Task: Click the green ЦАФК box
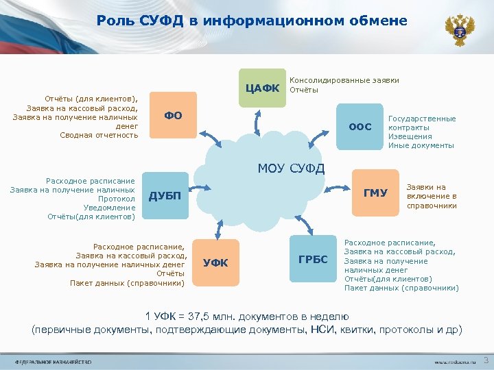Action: click(263, 88)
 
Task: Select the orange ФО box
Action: click(173, 115)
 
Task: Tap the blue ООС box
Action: click(360, 127)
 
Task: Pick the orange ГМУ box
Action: click(375, 193)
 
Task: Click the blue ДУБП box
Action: click(165, 196)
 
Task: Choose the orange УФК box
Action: click(216, 262)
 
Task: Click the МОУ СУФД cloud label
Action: click(291, 169)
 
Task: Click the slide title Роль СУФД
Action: click(252, 21)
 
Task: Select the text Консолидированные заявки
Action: click(345, 80)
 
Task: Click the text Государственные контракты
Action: click(421, 123)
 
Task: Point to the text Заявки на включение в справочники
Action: click(431, 196)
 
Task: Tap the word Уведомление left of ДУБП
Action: click(109, 208)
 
